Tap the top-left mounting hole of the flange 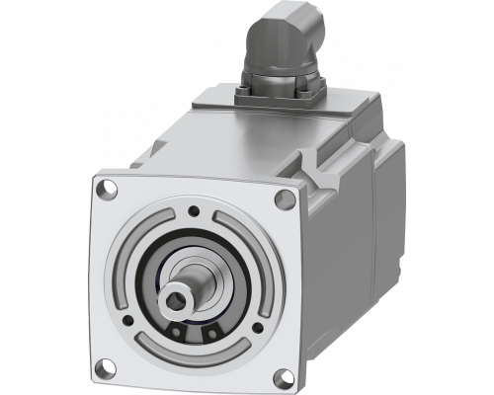tap(103, 186)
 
